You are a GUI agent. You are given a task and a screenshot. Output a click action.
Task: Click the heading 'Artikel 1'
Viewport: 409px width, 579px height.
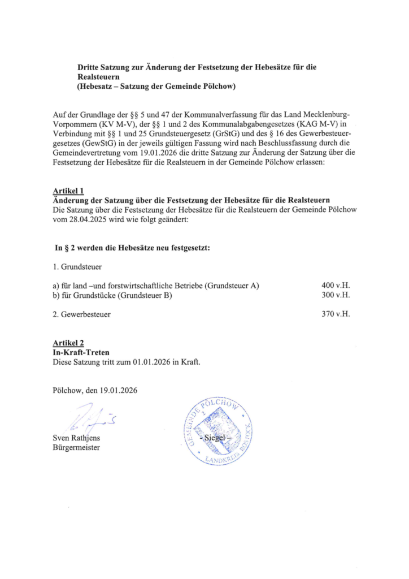tap(68, 192)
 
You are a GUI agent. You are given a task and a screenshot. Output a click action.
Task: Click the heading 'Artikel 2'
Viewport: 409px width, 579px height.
tap(68, 343)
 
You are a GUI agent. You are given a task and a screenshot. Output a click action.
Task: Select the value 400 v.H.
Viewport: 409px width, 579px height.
tap(336, 286)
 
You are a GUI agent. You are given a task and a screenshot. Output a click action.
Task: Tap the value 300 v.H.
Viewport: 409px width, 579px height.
tap(336, 295)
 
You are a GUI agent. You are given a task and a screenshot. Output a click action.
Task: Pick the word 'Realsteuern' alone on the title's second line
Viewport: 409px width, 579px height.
tap(98, 76)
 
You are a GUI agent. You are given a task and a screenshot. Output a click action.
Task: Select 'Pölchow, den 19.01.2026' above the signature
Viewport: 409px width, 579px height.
tap(94, 390)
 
